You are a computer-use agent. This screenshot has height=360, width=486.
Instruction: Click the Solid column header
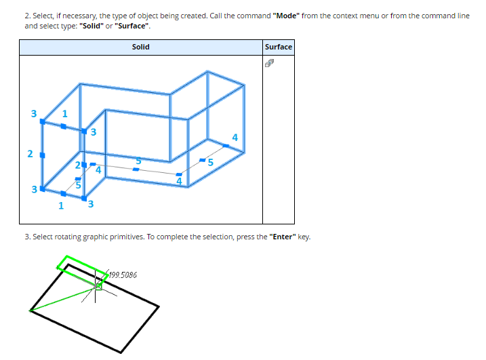pyautogui.click(x=141, y=47)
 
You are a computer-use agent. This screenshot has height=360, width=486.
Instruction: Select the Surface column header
pyautogui.click(x=279, y=47)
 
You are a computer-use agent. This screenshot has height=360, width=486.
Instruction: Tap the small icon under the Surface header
pyautogui.click(x=269, y=63)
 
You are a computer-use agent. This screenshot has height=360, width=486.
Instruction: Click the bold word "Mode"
pyautogui.click(x=286, y=16)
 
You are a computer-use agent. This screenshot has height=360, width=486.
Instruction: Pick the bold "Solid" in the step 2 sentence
pyautogui.click(x=92, y=26)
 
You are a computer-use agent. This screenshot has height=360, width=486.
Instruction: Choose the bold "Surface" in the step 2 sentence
pyautogui.click(x=131, y=26)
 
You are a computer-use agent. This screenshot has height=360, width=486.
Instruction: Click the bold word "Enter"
pyautogui.click(x=283, y=237)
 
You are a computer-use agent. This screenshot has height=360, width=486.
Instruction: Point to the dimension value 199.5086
pyautogui.click(x=123, y=275)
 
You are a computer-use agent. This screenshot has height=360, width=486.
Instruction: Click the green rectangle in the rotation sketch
pyautogui.click(x=67, y=256)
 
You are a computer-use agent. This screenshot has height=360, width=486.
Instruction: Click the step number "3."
pyautogui.click(x=28, y=237)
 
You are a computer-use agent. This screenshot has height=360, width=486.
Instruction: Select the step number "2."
pyautogui.click(x=28, y=16)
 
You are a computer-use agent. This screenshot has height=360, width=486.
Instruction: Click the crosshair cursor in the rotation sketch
pyautogui.click(x=95, y=288)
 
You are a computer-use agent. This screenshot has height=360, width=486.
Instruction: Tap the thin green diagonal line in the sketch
pyautogui.click(x=62, y=300)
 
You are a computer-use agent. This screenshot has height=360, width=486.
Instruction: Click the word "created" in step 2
pyautogui.click(x=193, y=16)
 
